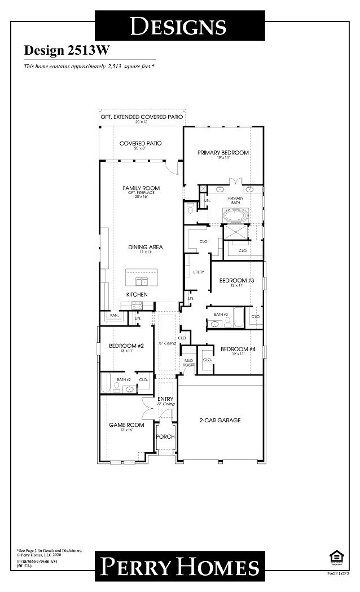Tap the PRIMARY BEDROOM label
pyautogui.click(x=223, y=153)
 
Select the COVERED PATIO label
pyautogui.click(x=140, y=144)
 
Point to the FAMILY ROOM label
pyautogui.click(x=141, y=188)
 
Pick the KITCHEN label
pyautogui.click(x=137, y=295)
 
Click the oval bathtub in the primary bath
pyautogui.click(x=236, y=215)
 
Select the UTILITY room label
pyautogui.click(x=198, y=272)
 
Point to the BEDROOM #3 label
pyautogui.click(x=237, y=280)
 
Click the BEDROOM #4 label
pyautogui.click(x=238, y=350)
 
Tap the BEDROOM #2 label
pyautogui.click(x=126, y=346)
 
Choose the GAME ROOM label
pyautogui.click(x=126, y=425)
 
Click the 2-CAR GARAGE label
pyautogui.click(x=220, y=421)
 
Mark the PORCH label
pyautogui.click(x=165, y=437)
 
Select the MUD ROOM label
pyautogui.click(x=188, y=363)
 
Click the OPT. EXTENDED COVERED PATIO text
pyautogui.click(x=142, y=117)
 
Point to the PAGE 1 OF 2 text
pyautogui.click(x=338, y=573)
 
